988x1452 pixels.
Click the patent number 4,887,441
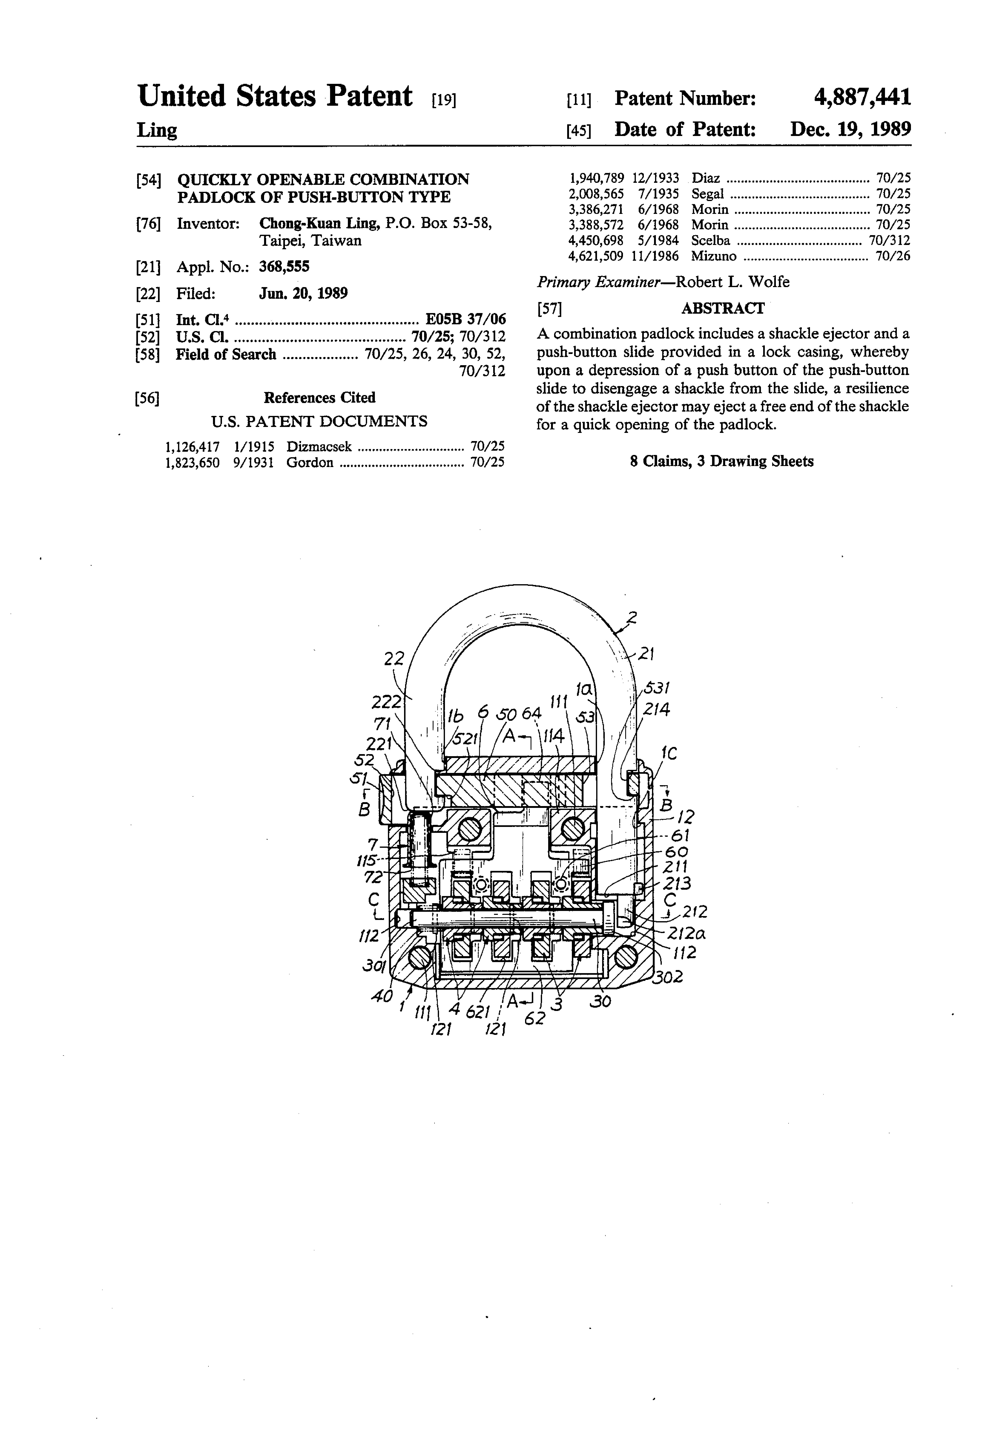coord(862,98)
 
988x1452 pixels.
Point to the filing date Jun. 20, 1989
coord(304,293)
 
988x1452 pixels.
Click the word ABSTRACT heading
coord(723,308)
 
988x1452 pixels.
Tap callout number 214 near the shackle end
coord(657,710)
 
